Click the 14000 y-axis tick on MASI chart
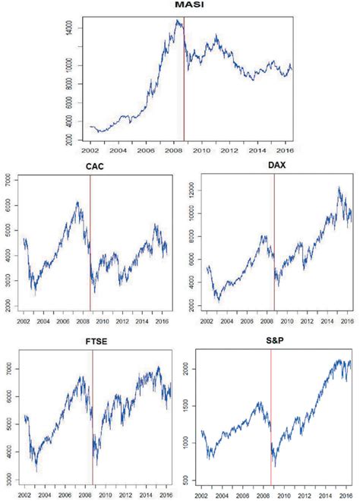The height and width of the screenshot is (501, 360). pos(69,29)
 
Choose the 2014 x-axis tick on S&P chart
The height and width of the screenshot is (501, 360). pos(327,494)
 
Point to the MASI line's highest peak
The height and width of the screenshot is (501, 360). pos(178,20)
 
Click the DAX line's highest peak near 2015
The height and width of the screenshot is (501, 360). pos(338,187)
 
